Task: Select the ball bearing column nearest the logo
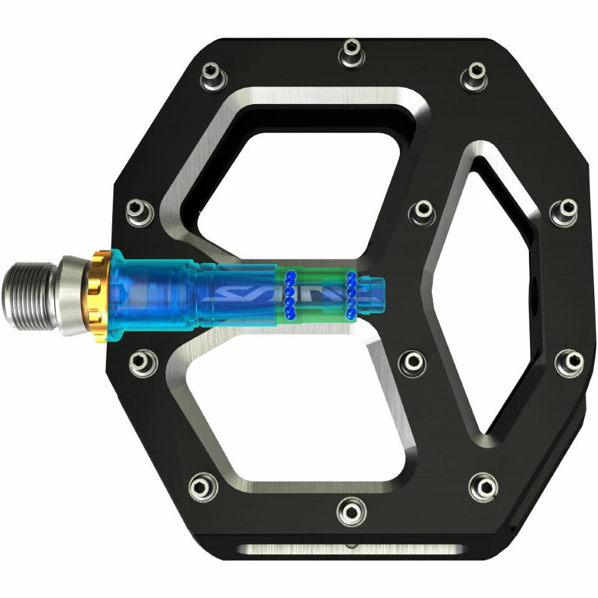pyautogui.click(x=290, y=295)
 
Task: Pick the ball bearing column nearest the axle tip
pyautogui.click(x=351, y=295)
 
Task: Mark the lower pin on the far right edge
pyautogui.click(x=569, y=362)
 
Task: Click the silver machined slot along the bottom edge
pyautogui.click(x=352, y=549)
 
